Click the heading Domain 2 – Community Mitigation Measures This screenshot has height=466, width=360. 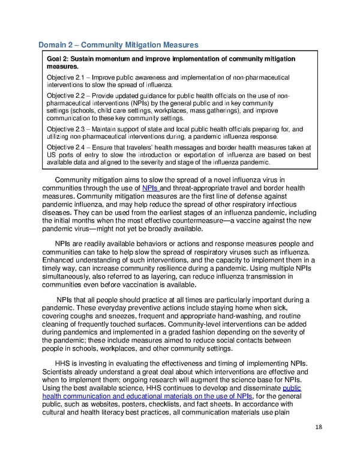point(118,45)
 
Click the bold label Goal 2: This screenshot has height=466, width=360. point(60,59)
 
